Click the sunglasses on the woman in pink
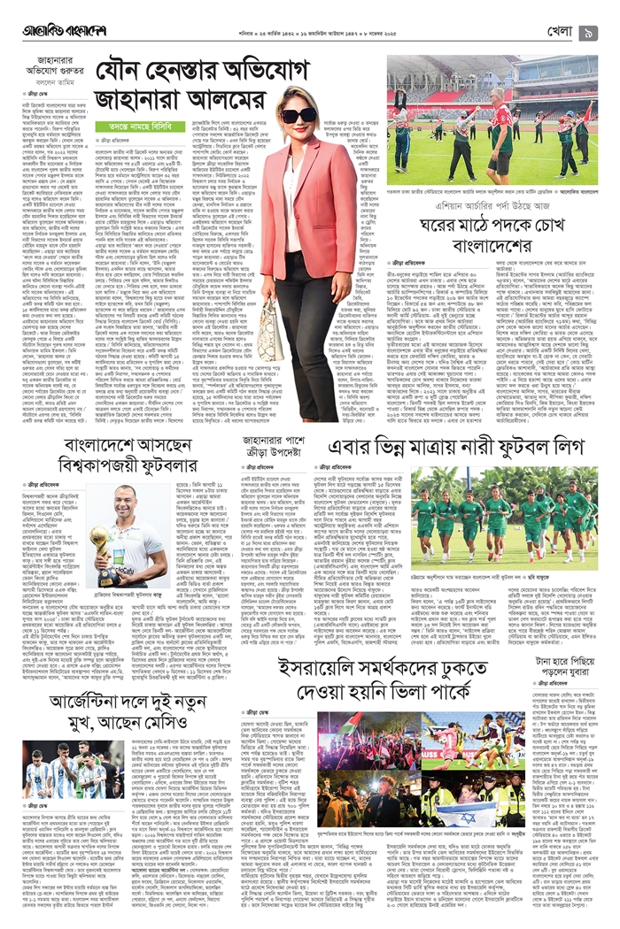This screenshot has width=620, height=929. click(298, 115)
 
